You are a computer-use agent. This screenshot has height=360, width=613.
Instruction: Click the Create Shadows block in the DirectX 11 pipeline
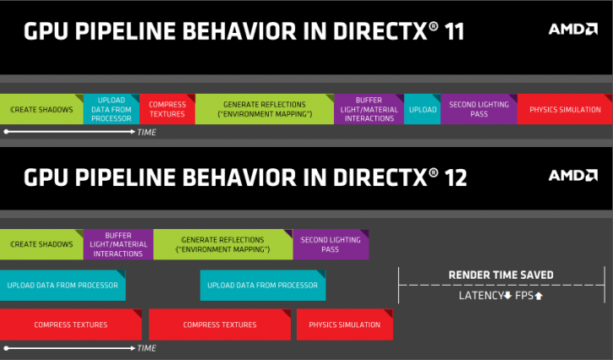(x=41, y=110)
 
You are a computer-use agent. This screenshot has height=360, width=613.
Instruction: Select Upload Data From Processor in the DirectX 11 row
(x=111, y=110)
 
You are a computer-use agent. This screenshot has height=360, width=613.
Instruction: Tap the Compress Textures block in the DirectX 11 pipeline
(x=167, y=110)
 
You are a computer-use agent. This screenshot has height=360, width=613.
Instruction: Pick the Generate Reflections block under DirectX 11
(x=264, y=110)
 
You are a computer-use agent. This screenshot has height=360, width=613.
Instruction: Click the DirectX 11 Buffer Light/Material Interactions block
(x=369, y=110)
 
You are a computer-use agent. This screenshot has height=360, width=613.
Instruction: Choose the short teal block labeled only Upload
(x=422, y=110)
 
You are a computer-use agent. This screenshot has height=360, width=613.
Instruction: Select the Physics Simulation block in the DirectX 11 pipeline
(x=565, y=110)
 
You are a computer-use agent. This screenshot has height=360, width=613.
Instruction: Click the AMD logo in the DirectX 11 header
(x=572, y=29)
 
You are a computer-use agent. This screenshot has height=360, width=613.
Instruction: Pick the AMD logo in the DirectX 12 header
(x=572, y=175)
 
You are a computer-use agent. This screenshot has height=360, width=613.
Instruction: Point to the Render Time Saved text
(x=501, y=275)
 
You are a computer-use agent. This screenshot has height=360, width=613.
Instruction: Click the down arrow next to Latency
(x=506, y=296)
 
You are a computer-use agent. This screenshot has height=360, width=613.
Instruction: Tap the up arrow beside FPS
(x=538, y=296)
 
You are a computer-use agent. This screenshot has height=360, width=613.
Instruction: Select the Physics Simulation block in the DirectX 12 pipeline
(x=344, y=325)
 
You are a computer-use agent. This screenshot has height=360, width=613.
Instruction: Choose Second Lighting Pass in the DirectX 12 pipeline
(x=331, y=245)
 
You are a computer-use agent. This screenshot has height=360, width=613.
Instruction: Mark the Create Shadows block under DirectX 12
(x=41, y=245)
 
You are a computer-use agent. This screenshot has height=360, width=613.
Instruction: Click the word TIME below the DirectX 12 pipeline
(x=146, y=347)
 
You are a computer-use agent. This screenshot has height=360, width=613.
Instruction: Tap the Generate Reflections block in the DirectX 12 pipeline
(x=222, y=245)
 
